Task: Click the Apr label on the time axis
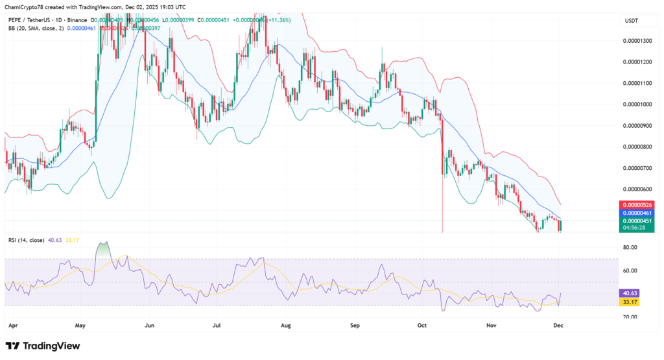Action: (x=11, y=322)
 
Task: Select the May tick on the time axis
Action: (x=80, y=322)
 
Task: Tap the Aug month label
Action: (x=287, y=322)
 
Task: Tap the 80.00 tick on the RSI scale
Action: (x=630, y=247)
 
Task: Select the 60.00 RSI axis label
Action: (x=630, y=270)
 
